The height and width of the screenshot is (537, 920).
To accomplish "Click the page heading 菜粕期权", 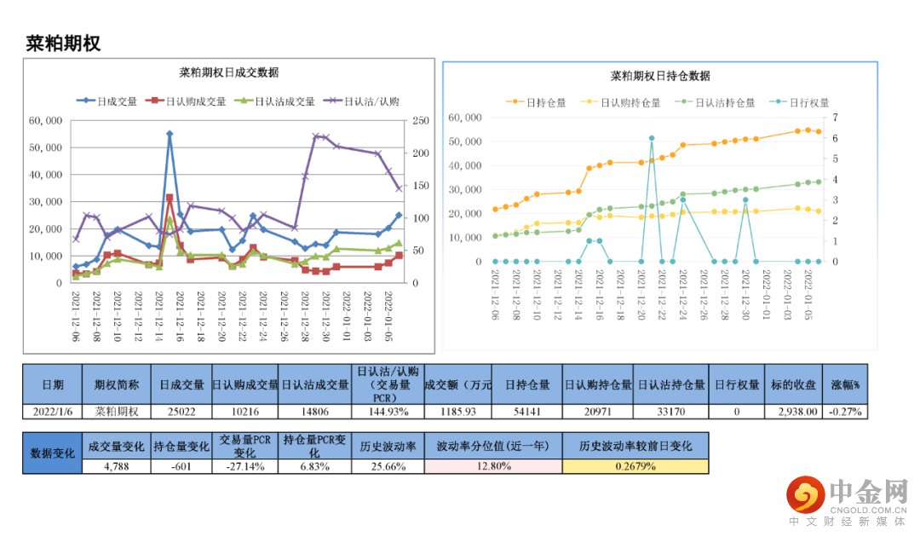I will click(x=63, y=43).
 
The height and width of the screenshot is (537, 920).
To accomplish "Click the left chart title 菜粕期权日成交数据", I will click(x=229, y=72).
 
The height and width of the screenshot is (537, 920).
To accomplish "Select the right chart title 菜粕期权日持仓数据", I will click(x=659, y=76).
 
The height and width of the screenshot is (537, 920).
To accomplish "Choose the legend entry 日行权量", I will click(x=805, y=102).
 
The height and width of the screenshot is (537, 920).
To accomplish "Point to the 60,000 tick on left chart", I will click(x=45, y=121).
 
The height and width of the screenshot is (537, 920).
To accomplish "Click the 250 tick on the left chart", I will click(x=420, y=121).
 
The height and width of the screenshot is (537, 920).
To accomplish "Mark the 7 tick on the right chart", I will click(x=836, y=118).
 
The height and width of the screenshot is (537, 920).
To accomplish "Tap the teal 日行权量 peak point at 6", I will click(x=652, y=138).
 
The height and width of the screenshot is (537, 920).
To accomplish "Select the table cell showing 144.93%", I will click(x=388, y=411).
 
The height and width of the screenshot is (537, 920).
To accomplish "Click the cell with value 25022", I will click(x=182, y=411).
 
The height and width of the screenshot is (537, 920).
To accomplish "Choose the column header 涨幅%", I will click(x=846, y=384).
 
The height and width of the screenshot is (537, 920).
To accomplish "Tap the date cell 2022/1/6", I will click(x=53, y=411).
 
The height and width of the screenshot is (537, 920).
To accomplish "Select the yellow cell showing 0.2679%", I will click(x=635, y=466).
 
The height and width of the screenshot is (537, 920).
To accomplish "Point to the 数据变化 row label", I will click(x=53, y=453).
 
